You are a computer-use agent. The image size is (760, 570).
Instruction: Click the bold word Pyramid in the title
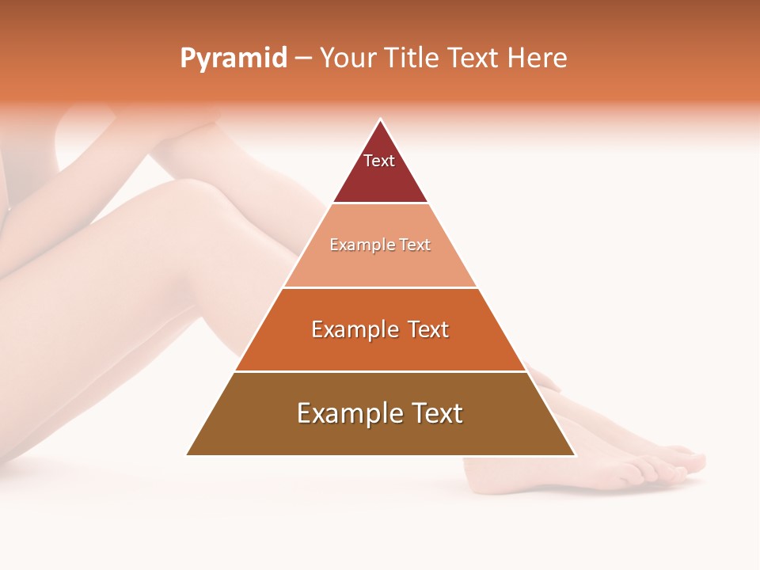coord(233,58)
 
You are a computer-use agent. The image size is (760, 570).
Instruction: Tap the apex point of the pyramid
coord(381,120)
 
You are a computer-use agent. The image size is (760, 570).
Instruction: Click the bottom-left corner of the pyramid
coord(187,455)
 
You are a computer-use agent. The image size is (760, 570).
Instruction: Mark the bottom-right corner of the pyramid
coord(575,455)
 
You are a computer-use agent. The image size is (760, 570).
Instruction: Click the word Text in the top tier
coord(379,161)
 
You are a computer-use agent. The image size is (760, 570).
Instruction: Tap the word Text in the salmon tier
coord(415,245)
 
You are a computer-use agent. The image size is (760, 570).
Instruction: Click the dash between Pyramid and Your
coord(303,58)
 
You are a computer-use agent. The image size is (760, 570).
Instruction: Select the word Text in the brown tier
coord(432,413)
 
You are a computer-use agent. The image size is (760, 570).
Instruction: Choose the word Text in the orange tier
coord(428,329)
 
